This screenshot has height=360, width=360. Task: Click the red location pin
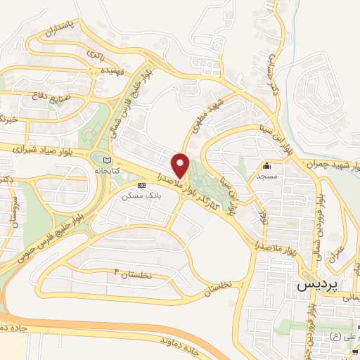(182, 166)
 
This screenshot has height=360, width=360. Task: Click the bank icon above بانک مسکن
(142, 186)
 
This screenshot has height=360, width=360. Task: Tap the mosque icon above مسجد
(267, 167)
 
